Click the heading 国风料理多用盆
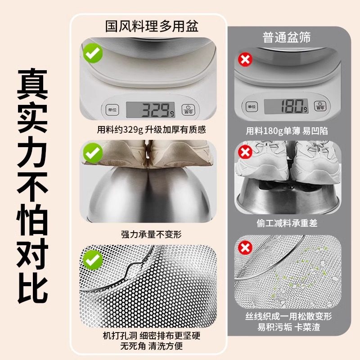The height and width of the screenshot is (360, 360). pos(152,27)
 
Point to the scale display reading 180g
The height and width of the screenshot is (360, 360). pos(286,107)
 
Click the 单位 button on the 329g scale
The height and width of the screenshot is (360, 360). pos(111,110)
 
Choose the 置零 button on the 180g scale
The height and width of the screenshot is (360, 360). pos(320,107)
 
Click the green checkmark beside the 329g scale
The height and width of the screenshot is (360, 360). pos(93,54)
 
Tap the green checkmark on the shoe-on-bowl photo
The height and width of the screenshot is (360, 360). pos(93,153)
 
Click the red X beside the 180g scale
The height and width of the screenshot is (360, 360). pos(245,59)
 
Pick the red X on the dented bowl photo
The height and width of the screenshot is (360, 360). pos(245,152)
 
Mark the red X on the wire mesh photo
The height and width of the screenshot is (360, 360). pos(245,247)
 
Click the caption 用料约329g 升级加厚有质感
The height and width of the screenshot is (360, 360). pos(151,130)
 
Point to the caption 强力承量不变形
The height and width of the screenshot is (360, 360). pos(151,234)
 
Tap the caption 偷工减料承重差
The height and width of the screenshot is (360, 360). pos(286,223)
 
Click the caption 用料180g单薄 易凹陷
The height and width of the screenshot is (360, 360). pos(286,131)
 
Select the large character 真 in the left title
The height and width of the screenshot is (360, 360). pos(32,84)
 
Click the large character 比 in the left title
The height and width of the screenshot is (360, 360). pos(32,286)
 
